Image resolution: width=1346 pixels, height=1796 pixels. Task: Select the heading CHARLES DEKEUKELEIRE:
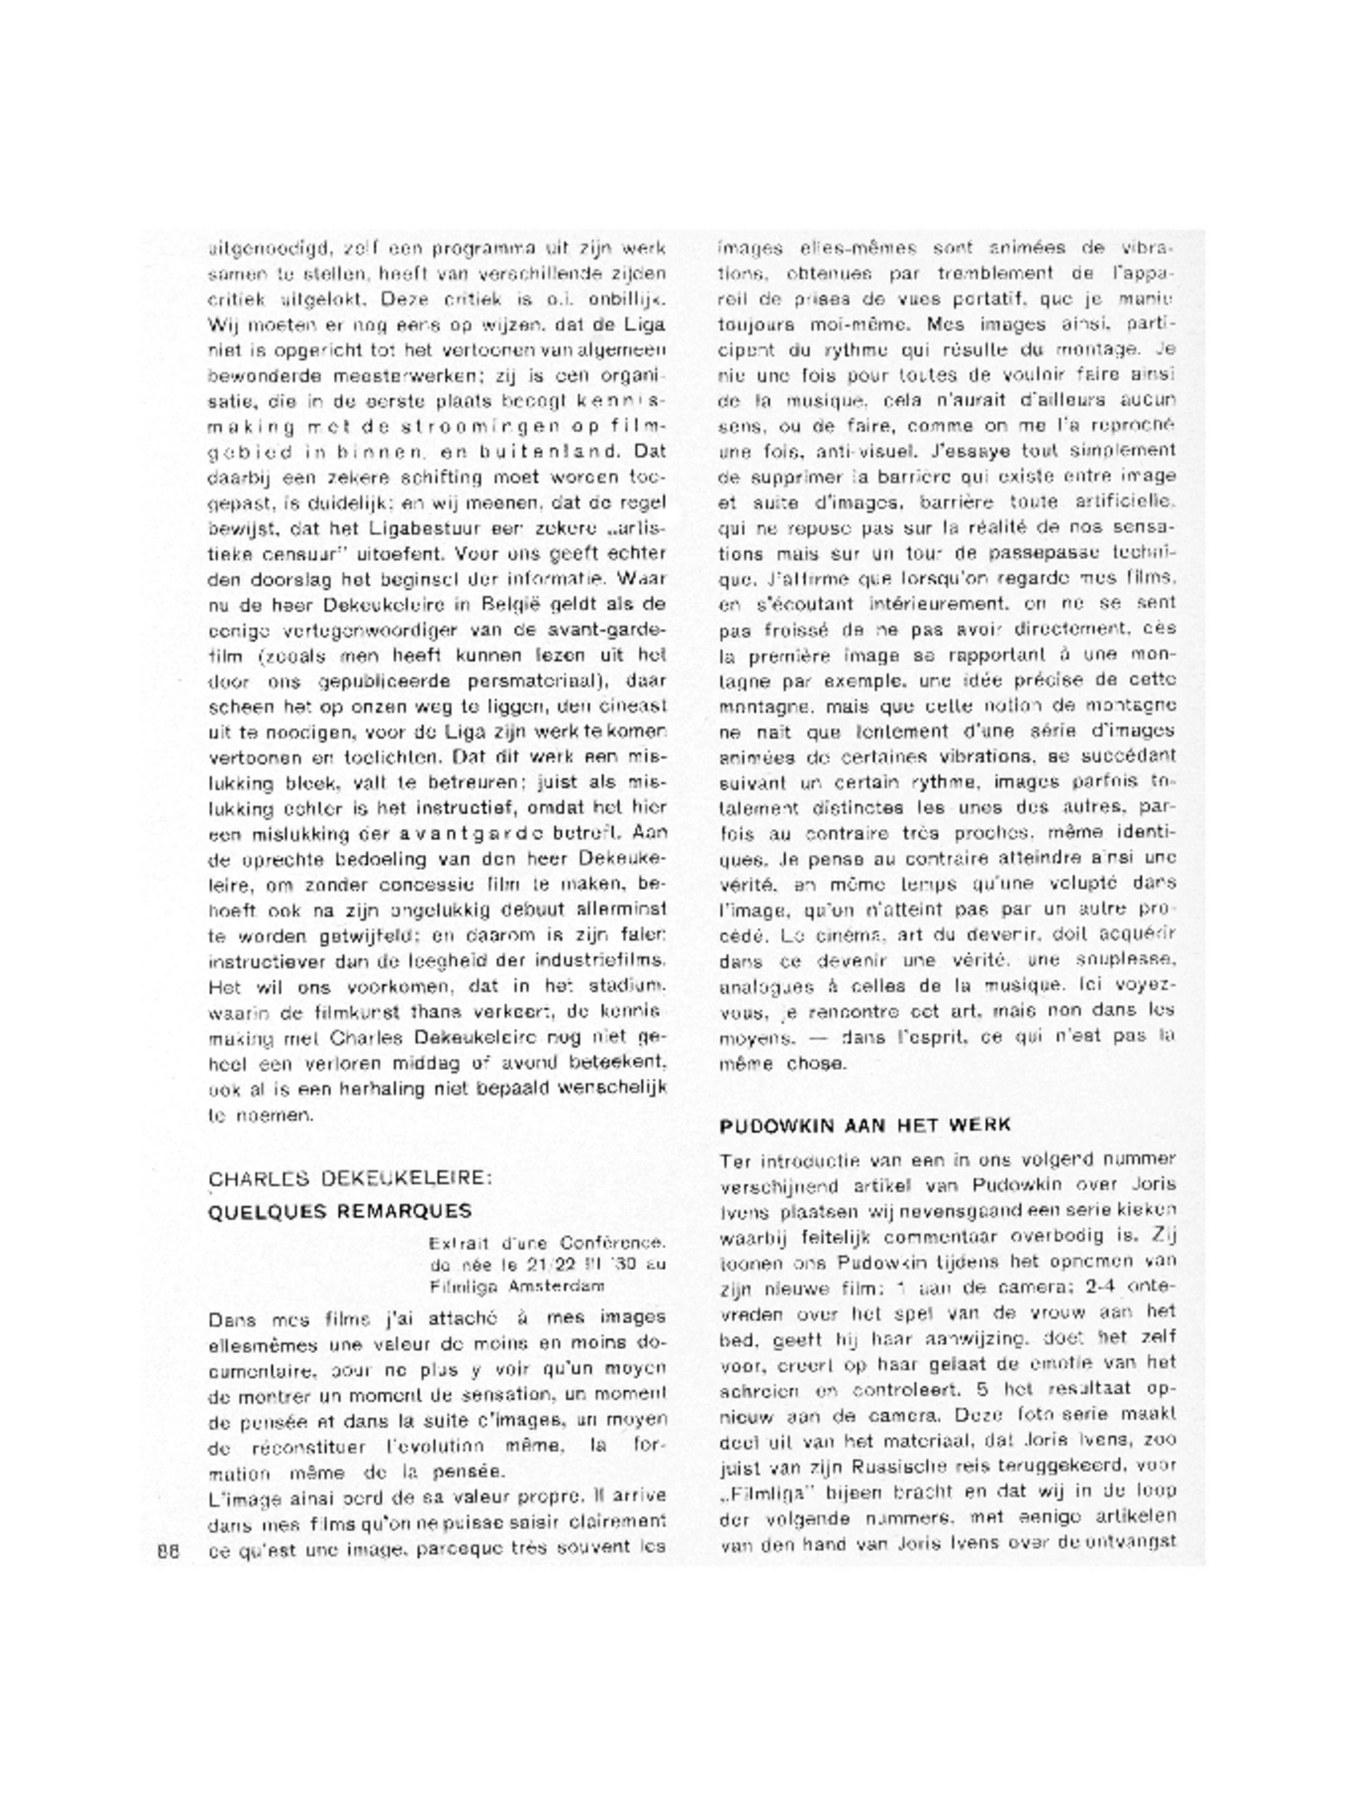[x=351, y=1178]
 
